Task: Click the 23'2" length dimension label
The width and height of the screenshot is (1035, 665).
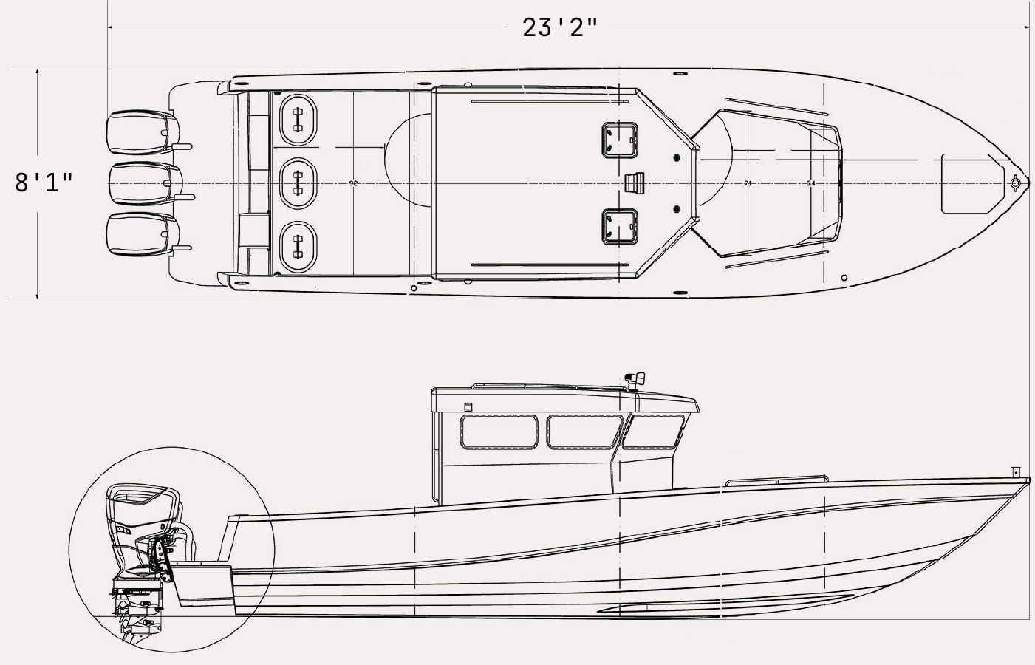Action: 559,27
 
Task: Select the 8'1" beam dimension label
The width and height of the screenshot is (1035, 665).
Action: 44,182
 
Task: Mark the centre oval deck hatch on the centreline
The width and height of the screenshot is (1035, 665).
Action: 298,180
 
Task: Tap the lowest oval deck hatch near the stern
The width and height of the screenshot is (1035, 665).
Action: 298,241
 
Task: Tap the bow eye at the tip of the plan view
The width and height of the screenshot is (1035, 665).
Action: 1016,182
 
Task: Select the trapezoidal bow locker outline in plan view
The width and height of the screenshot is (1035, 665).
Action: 968,183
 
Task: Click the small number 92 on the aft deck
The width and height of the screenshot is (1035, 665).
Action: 353,183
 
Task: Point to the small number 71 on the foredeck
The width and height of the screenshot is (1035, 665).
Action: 748,183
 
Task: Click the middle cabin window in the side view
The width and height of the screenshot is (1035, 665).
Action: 583,432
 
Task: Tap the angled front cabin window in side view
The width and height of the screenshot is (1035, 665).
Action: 650,432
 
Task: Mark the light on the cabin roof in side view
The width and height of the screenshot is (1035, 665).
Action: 635,379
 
